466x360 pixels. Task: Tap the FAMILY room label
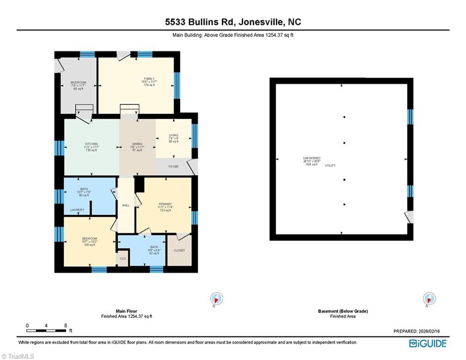pos(149,79)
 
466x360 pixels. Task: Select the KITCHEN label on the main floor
pos(91,144)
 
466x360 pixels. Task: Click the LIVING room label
pos(173,135)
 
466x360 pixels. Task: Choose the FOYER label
pos(173,166)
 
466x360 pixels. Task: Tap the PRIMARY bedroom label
pos(165,204)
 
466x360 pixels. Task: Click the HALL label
pos(126,205)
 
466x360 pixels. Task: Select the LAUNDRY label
pos(77,210)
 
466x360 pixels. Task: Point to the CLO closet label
pos(123,258)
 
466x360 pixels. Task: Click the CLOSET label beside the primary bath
pos(179,250)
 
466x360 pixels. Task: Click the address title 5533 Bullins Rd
pos(233,22)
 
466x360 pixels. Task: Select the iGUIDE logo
pos(428,344)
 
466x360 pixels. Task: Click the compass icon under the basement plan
pos(429,299)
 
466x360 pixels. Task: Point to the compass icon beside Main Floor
pos(216,299)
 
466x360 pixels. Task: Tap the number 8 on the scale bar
pos(65,325)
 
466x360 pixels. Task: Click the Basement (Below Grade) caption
pos(343,311)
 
